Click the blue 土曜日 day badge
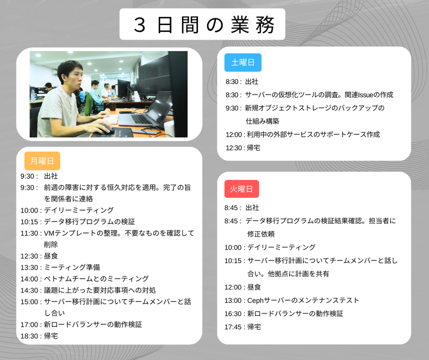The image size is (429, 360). tap(243, 63)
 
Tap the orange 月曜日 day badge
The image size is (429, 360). tap(42, 161)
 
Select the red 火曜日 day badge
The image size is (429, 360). tap(242, 189)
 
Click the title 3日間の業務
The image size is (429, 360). tap(204, 25)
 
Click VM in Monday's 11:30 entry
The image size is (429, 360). tap(49, 233)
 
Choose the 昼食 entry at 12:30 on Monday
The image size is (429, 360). tap(51, 256)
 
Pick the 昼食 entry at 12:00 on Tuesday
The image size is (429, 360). tap(254, 287)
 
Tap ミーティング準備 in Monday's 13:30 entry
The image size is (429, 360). tap(72, 268)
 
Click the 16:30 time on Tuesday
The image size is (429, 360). tap(233, 313)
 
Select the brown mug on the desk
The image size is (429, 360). tap(112, 106)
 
